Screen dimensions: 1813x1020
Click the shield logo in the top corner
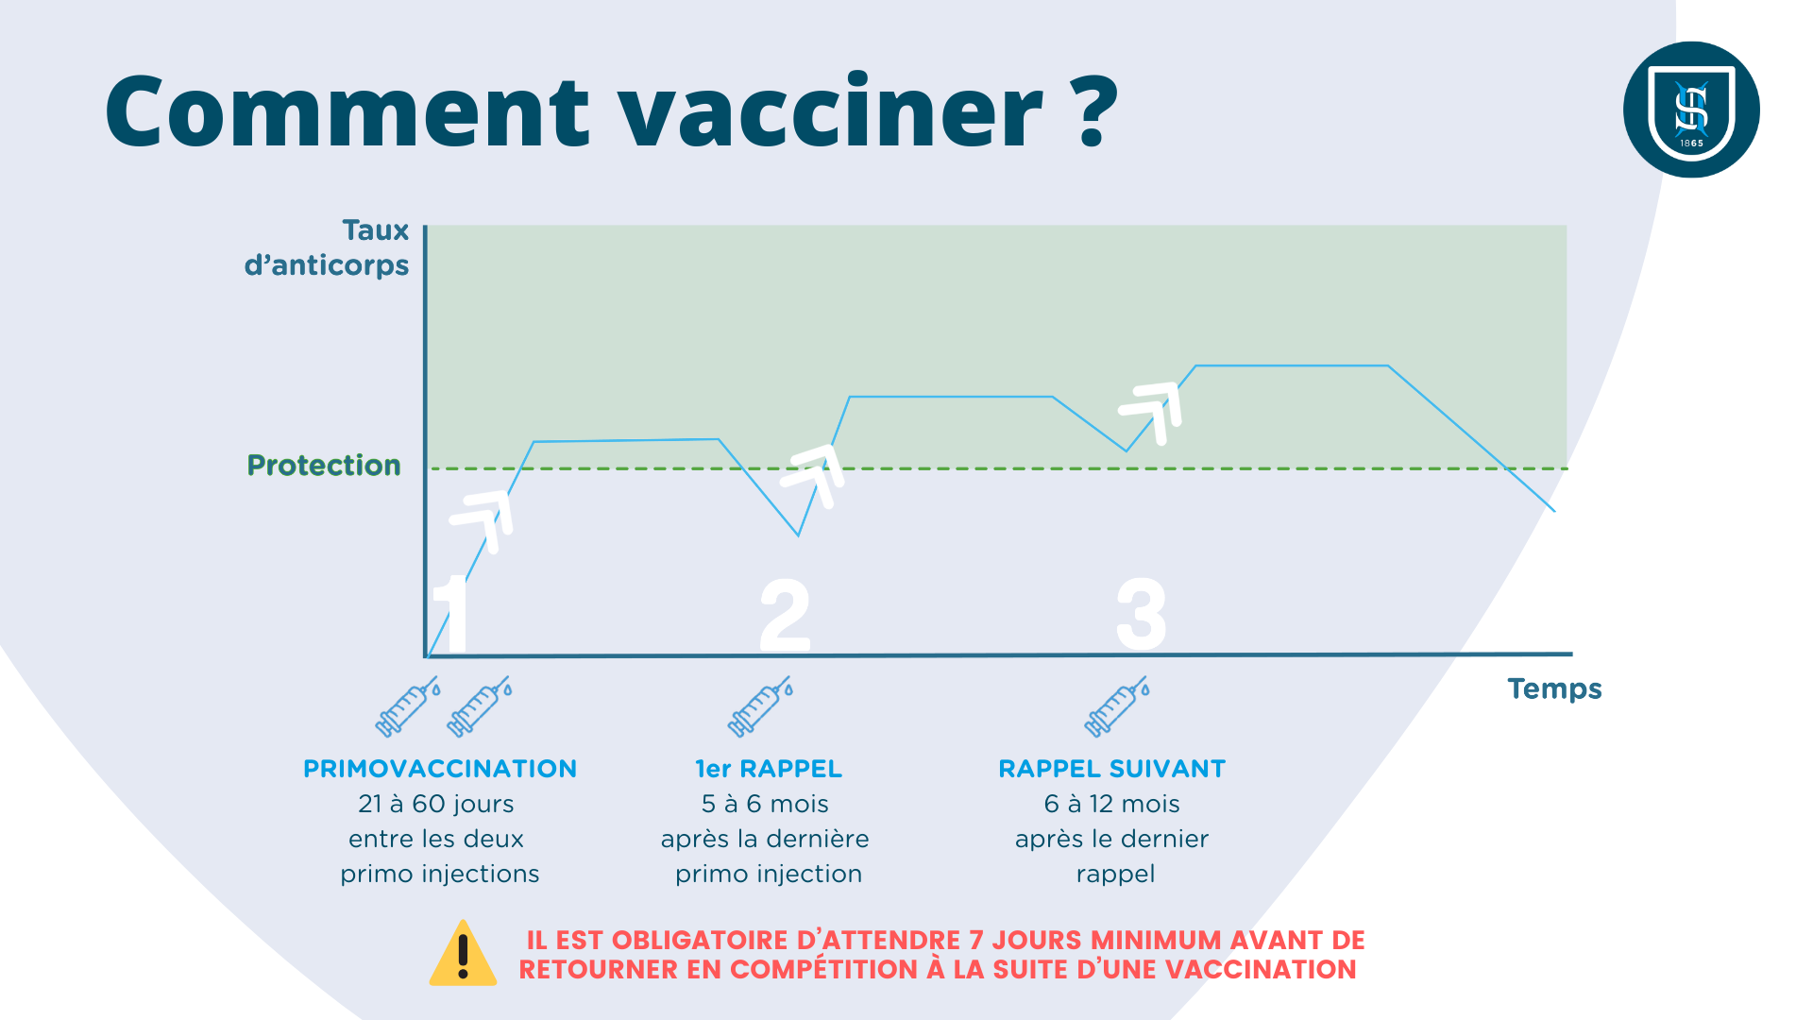tap(1691, 110)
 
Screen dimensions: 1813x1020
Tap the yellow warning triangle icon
tap(463, 953)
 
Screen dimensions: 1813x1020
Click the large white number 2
tap(785, 615)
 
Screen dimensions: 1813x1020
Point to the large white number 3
tap(1142, 614)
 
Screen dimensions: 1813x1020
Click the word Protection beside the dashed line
tap(324, 466)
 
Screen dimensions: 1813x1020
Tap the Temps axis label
tap(1554, 688)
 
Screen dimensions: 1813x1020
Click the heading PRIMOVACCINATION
tap(440, 769)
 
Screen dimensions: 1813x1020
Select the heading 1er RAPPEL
tap(769, 769)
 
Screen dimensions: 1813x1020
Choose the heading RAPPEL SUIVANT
tap(1112, 769)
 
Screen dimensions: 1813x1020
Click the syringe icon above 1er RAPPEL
tap(760, 706)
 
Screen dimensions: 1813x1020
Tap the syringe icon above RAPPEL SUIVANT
tap(1117, 706)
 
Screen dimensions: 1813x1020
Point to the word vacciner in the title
tap(831, 114)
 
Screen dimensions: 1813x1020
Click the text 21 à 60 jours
tap(436, 804)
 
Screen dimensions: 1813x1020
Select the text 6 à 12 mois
tap(1112, 804)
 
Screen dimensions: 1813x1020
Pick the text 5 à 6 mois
tap(765, 804)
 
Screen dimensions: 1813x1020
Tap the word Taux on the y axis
tap(376, 230)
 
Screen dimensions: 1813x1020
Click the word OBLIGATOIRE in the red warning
tap(700, 941)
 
